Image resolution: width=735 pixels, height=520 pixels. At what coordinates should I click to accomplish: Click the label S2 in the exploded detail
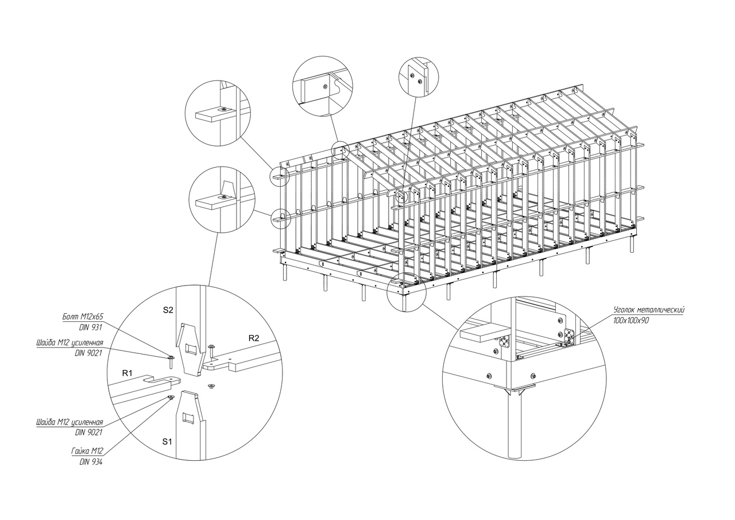click(168, 310)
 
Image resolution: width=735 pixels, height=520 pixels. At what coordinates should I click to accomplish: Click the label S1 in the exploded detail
click(167, 442)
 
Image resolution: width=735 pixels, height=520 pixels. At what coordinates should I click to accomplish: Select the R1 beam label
click(127, 373)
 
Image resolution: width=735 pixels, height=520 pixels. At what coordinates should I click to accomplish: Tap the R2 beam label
click(254, 338)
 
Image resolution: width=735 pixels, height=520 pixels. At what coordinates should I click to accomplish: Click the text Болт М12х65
click(83, 317)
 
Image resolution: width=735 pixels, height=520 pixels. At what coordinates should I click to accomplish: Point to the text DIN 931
click(91, 328)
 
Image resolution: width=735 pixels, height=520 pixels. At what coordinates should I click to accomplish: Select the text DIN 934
click(91, 462)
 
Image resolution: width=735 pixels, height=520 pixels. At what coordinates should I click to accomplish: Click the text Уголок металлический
click(648, 309)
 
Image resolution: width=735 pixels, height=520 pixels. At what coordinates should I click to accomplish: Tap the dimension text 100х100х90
click(630, 321)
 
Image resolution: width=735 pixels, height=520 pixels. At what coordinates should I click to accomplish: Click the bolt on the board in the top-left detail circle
click(224, 109)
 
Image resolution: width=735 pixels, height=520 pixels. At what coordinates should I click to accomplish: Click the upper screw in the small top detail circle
click(412, 76)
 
